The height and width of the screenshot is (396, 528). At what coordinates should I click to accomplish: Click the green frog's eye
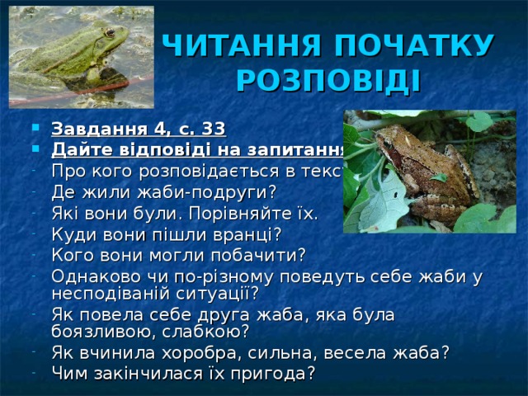pos(108,34)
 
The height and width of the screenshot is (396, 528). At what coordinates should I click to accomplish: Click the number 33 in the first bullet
pos(213,130)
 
